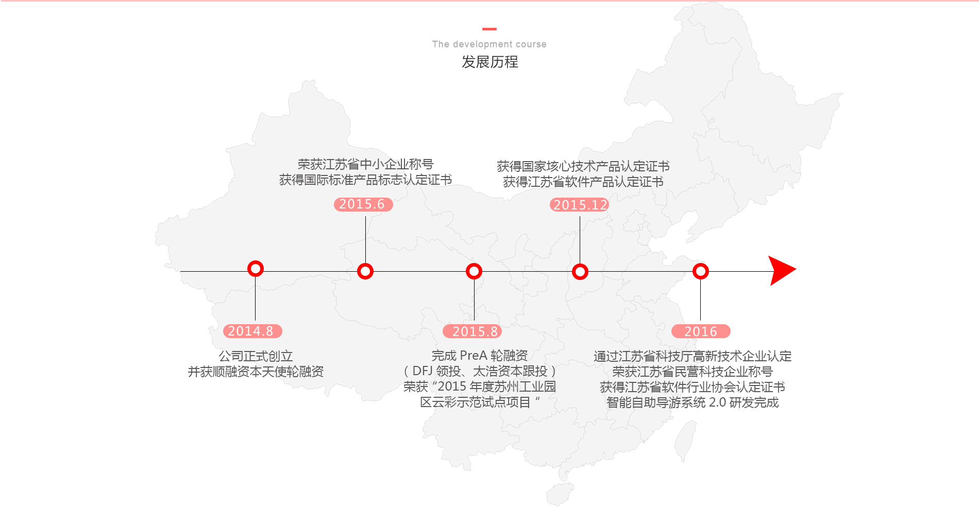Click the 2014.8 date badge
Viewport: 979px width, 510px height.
252,331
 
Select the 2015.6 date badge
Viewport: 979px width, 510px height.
363,204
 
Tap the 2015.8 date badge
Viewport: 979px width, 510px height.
472,331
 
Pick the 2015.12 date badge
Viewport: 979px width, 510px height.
580,205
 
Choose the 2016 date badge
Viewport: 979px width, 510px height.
701,331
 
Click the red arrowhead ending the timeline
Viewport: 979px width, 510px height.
782,271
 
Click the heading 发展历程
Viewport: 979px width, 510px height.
489,62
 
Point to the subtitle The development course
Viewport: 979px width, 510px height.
489,44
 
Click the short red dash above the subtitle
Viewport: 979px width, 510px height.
489,29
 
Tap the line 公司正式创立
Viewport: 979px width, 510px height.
256,356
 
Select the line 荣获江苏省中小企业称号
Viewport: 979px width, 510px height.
365,164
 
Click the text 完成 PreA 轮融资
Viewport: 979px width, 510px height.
480,356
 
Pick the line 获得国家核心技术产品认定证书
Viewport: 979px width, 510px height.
583,166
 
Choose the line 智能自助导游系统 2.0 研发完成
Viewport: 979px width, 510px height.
693,402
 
